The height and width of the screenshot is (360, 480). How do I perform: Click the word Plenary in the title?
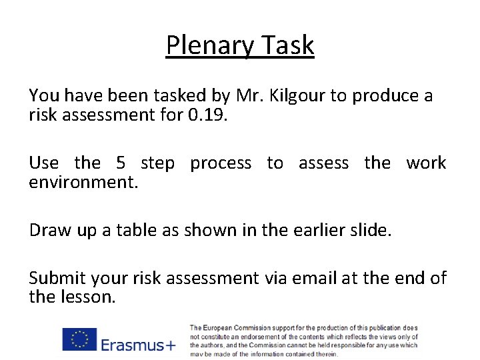pyautogui.click(x=207, y=46)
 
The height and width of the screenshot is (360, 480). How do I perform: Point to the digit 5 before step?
pyautogui.click(x=121, y=163)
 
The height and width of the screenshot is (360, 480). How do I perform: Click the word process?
pyautogui.click(x=221, y=164)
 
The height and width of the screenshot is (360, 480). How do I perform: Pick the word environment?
pyautogui.click(x=83, y=182)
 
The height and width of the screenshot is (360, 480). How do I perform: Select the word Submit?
pyautogui.click(x=57, y=278)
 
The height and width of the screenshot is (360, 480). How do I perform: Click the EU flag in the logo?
pyautogui.click(x=79, y=339)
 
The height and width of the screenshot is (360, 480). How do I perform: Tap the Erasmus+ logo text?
pyautogui.click(x=138, y=345)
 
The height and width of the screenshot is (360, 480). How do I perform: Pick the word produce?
pyautogui.click(x=386, y=97)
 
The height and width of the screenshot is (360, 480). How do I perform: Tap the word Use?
pyautogui.click(x=44, y=163)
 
